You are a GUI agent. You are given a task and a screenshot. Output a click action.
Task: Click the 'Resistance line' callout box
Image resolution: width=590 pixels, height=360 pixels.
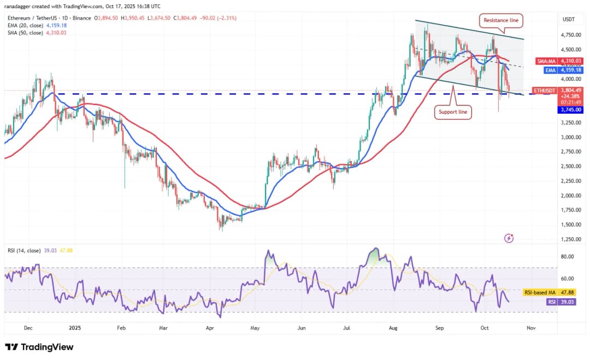tap(500, 21)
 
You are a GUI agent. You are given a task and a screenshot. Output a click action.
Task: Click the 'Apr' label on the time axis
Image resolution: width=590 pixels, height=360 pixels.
tap(209, 328)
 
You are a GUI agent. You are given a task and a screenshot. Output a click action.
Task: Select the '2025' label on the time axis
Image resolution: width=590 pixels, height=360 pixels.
tap(75, 328)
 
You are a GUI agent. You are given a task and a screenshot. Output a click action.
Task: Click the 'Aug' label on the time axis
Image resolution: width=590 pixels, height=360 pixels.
tap(392, 328)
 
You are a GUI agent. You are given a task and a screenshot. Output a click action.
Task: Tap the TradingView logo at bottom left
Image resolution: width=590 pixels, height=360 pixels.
tap(39, 347)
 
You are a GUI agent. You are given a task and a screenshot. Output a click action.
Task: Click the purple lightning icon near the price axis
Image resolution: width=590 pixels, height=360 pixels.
tap(509, 238)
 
